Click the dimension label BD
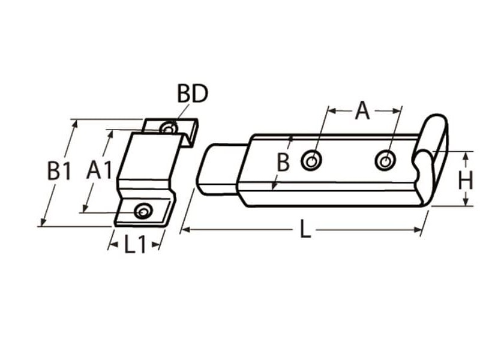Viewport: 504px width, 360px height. tap(192, 94)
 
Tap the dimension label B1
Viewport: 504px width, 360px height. tap(59, 172)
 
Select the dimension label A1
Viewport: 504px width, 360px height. tap(99, 170)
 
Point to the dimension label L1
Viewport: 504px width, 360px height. tap(135, 245)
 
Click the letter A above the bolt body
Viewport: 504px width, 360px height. tap(362, 110)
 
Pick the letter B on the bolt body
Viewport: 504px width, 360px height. tap(283, 162)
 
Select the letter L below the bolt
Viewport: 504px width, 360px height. tap(305, 230)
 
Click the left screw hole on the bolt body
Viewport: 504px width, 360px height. tap(311, 160)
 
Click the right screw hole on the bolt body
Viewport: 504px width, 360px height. tap(385, 160)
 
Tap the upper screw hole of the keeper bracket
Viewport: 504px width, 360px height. tap(169, 128)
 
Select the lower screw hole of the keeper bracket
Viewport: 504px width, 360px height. tap(143, 211)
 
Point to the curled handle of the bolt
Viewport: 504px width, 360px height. tap(433, 150)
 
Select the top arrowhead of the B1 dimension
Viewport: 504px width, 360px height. tap(75, 124)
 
